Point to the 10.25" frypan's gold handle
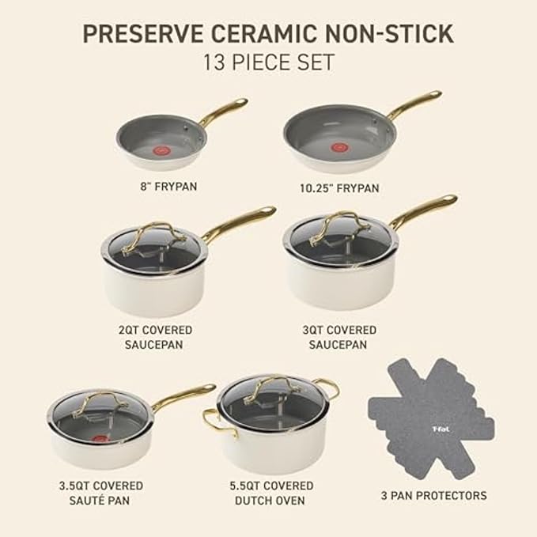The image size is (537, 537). tap(414, 105)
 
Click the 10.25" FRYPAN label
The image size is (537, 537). tap(341, 188)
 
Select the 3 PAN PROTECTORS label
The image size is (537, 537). tap(434, 496)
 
